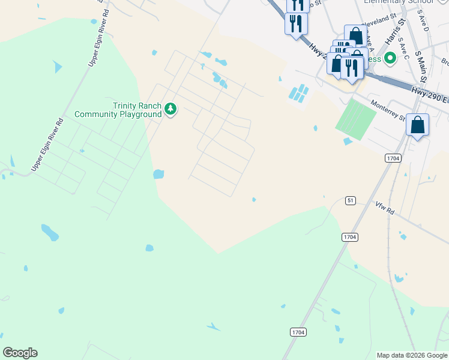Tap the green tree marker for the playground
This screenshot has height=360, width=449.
tap(171, 109)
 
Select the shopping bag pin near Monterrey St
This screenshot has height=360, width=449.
tap(418, 125)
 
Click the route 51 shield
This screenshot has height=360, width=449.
tap(350, 200)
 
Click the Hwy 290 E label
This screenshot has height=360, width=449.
tap(429, 94)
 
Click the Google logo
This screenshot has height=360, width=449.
tap(20, 353)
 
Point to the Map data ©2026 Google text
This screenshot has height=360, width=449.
tap(412, 355)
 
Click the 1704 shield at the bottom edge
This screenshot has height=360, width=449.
tap(298, 332)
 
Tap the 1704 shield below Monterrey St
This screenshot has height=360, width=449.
tap(393, 157)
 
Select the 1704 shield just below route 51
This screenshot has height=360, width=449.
tap(350, 237)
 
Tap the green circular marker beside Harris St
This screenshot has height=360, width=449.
tap(390, 59)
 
